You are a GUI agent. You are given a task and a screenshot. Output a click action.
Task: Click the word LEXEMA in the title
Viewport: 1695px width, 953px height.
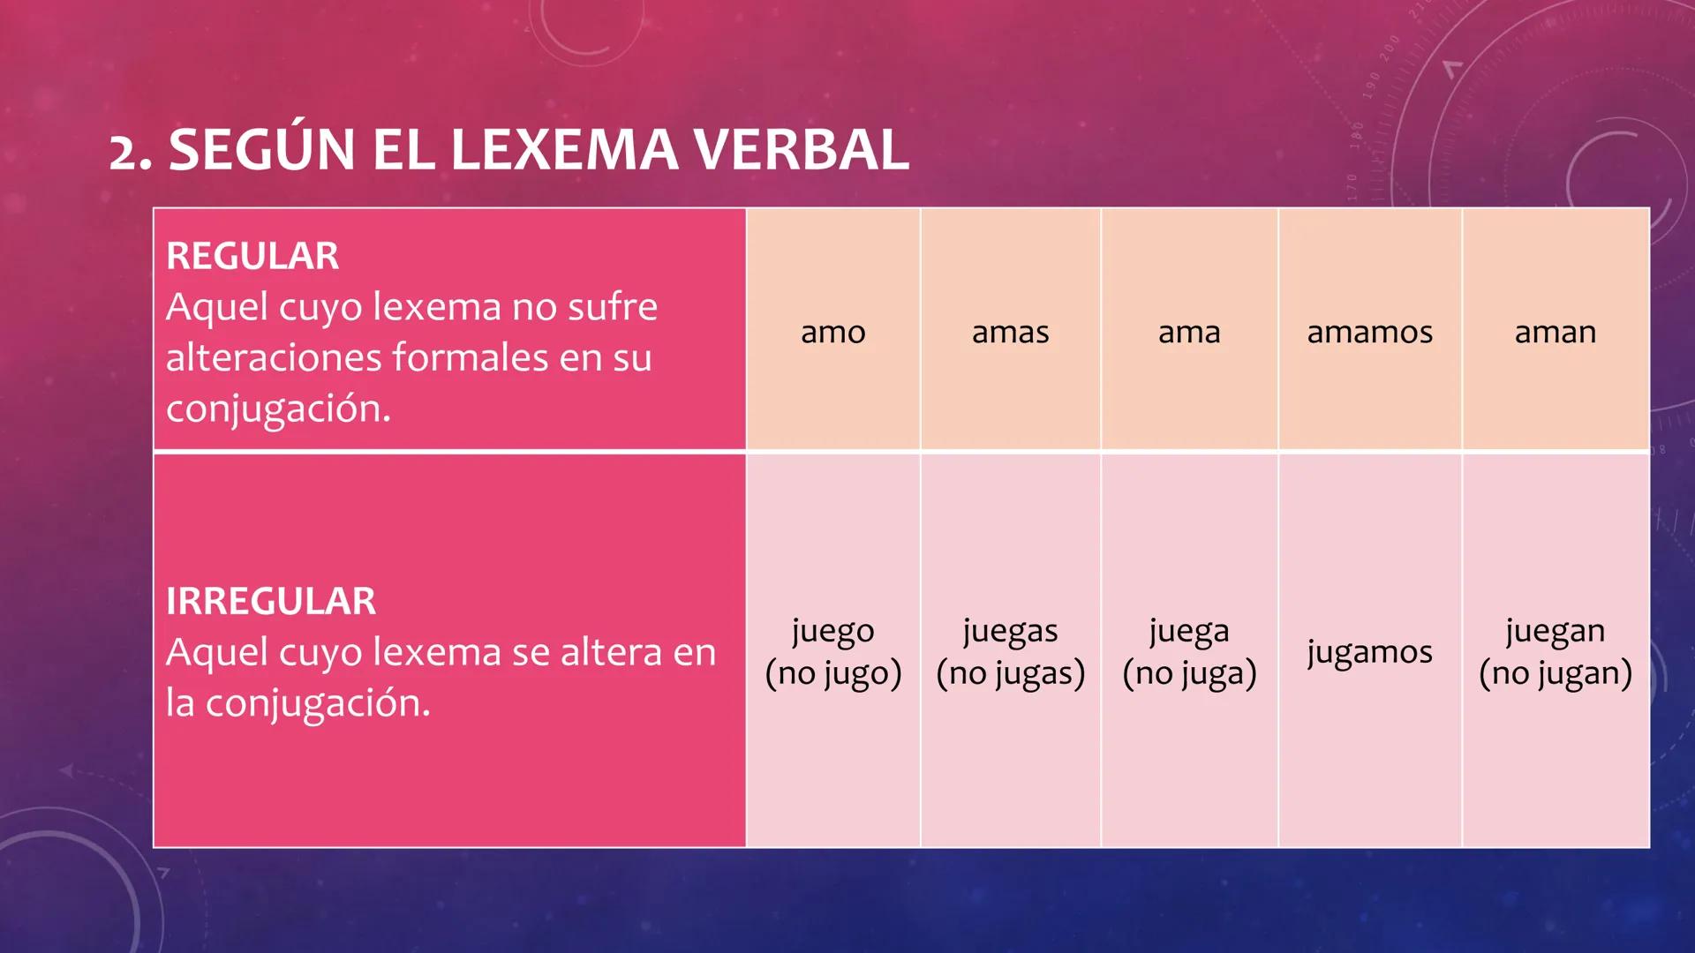[565, 150]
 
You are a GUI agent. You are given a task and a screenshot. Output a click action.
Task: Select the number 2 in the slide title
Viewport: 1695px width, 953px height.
[123, 153]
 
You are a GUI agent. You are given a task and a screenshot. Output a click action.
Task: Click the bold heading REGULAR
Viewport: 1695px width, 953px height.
[252, 256]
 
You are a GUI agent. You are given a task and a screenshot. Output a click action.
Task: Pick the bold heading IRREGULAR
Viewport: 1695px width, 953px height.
[271, 601]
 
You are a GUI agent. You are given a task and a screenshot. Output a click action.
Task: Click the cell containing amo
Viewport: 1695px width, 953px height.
[832, 332]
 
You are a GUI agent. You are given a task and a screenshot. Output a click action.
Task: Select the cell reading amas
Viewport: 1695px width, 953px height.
[1010, 332]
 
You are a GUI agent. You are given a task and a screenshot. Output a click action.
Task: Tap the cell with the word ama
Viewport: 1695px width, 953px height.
[1189, 332]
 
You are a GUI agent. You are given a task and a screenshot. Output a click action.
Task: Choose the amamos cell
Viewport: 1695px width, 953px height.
[1369, 332]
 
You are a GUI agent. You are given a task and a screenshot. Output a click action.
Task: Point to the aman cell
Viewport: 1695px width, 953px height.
[1555, 332]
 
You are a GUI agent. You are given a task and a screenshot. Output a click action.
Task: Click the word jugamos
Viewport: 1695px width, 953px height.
[1369, 652]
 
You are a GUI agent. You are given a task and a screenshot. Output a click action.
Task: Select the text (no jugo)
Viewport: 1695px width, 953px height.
[832, 673]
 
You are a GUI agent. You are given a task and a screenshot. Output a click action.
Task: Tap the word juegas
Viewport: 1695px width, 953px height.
[1010, 631]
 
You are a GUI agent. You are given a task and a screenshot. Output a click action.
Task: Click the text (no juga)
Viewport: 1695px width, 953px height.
[1189, 673]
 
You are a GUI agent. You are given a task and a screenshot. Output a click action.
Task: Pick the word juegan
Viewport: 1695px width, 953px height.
[1555, 631]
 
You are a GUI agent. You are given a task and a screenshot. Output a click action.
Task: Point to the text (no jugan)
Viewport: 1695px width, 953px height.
[1555, 673]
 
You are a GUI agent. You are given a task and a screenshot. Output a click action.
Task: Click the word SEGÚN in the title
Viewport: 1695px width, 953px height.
[262, 150]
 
